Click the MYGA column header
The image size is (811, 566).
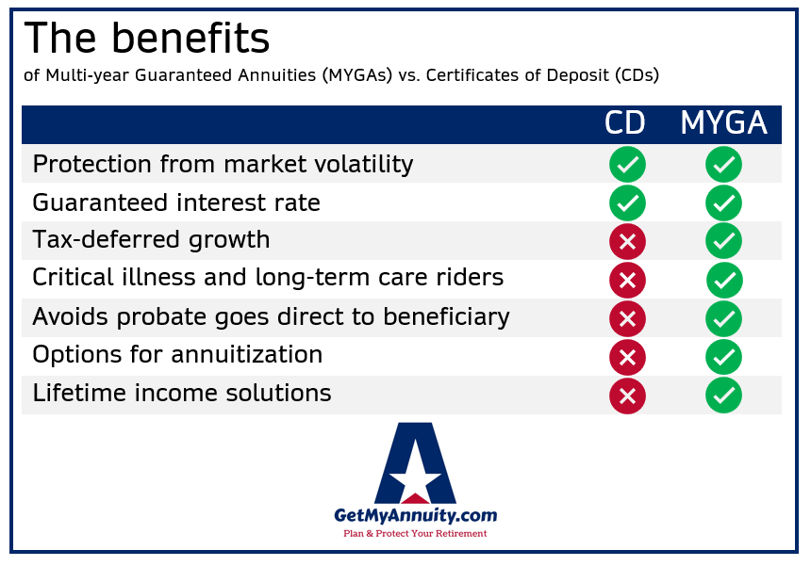tap(723, 124)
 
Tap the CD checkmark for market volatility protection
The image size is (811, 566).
tap(627, 165)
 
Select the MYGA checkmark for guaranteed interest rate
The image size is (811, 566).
tap(723, 202)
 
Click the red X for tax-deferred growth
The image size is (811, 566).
tap(627, 241)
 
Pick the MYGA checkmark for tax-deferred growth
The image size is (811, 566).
tap(723, 241)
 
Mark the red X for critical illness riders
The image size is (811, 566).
tap(627, 280)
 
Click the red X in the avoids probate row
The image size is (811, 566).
tap(627, 318)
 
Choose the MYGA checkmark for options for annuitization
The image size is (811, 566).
tap(723, 357)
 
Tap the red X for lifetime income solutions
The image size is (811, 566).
tap(627, 396)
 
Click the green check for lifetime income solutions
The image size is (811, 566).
tap(723, 396)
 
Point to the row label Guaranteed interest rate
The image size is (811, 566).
tap(176, 202)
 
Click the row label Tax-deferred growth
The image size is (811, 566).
tap(151, 241)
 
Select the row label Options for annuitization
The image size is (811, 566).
tap(177, 355)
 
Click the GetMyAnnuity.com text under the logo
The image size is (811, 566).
tap(415, 515)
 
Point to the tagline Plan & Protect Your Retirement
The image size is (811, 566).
tap(415, 534)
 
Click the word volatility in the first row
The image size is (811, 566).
tap(363, 165)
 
